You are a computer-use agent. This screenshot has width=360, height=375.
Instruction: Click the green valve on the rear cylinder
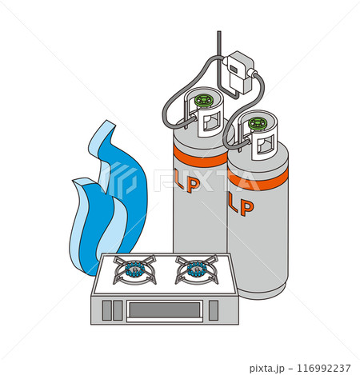(204, 101)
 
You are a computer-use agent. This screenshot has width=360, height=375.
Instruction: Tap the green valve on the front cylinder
(258, 124)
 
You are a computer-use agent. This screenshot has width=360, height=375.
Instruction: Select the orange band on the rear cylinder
(200, 157)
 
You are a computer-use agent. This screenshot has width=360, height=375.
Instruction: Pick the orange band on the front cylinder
(258, 178)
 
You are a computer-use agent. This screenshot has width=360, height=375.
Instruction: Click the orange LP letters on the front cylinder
(241, 205)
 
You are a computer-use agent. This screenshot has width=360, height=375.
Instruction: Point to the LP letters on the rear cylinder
(190, 183)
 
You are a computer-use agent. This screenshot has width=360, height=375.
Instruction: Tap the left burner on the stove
(134, 269)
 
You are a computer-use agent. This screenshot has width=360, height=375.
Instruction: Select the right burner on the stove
(197, 269)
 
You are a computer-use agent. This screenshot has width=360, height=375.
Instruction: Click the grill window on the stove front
(165, 309)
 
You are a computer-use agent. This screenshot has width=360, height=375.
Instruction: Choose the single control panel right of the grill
(214, 310)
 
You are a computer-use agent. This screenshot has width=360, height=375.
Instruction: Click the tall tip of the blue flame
(109, 123)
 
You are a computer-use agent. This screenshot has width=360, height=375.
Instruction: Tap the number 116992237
(324, 369)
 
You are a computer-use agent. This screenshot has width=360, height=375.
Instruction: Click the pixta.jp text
(266, 369)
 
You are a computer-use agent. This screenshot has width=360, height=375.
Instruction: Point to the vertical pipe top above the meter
(219, 33)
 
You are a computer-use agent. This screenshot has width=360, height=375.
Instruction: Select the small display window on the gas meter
(234, 69)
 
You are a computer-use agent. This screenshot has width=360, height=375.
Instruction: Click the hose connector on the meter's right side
(252, 73)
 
